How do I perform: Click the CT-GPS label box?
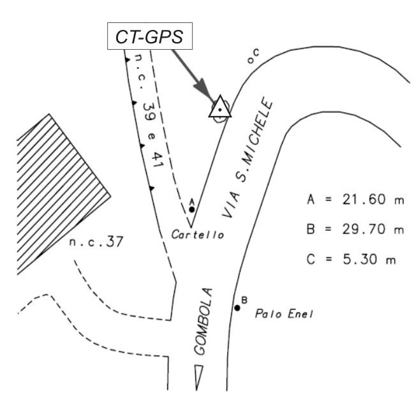[148, 37]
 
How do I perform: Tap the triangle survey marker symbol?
[219, 108]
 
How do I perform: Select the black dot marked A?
[191, 209]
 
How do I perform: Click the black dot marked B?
[237, 308]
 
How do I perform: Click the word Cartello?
[198, 235]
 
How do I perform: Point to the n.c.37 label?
[95, 242]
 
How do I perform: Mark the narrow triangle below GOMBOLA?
[199, 377]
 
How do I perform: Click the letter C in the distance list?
[311, 260]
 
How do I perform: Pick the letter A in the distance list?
[311, 200]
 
